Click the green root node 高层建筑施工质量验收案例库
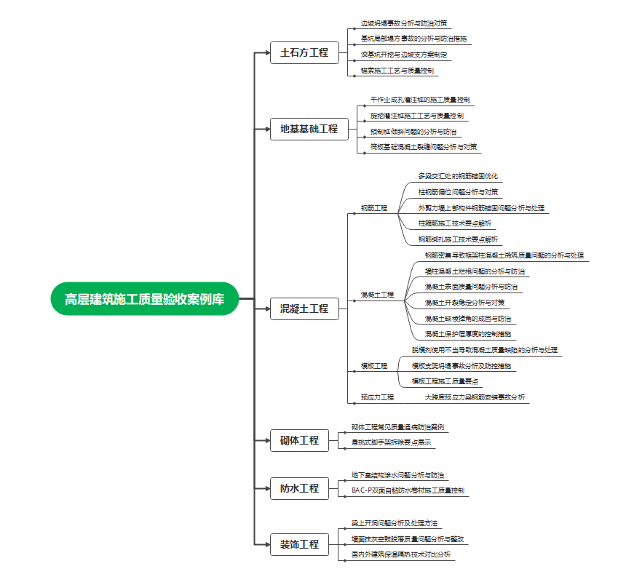(x=144, y=299)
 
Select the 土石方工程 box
(x=304, y=53)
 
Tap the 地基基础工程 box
(x=309, y=130)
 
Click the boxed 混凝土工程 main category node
(x=304, y=309)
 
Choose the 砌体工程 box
(x=299, y=441)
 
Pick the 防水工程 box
(x=299, y=488)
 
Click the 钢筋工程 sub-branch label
(x=374, y=208)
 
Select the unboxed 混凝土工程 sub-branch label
(x=377, y=295)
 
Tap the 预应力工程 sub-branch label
(x=377, y=397)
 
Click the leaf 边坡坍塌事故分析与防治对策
(x=404, y=23)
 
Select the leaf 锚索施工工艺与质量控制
(x=397, y=71)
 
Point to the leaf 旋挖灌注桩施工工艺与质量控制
(x=416, y=116)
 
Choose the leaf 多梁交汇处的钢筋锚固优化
(x=459, y=176)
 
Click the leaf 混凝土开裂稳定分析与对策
(x=464, y=303)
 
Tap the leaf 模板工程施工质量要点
(x=446, y=381)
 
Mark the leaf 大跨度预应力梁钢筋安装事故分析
(x=475, y=397)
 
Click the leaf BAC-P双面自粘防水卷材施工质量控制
(x=408, y=490)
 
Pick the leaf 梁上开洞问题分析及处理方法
(x=395, y=523)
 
